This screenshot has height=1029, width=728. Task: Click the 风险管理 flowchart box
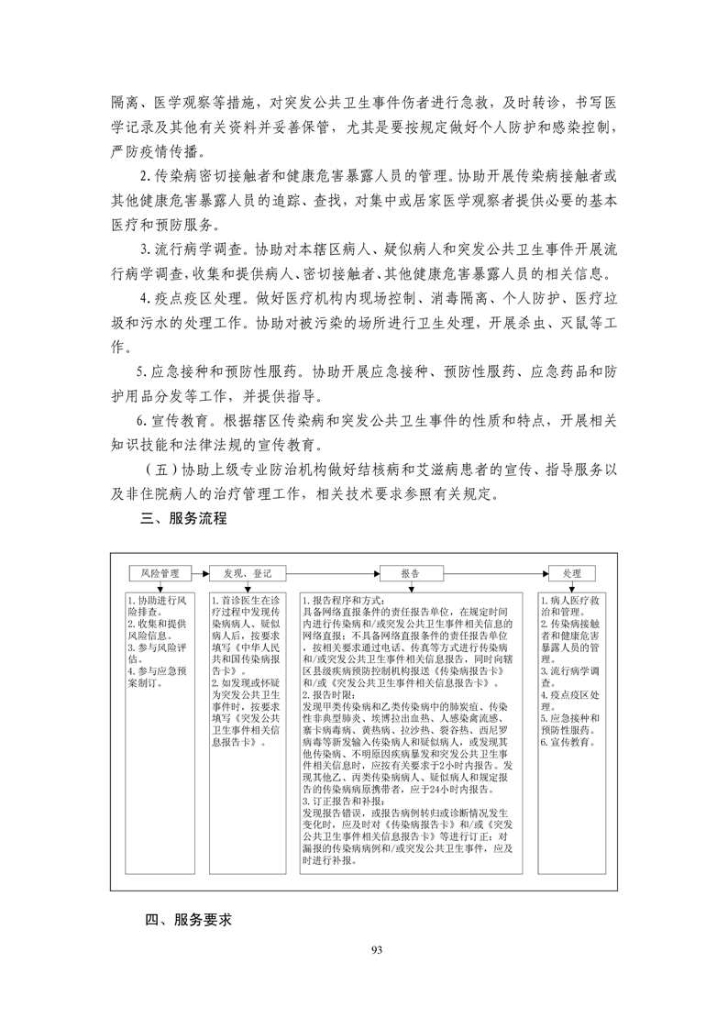160,573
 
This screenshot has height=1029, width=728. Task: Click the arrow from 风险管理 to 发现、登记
201,573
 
